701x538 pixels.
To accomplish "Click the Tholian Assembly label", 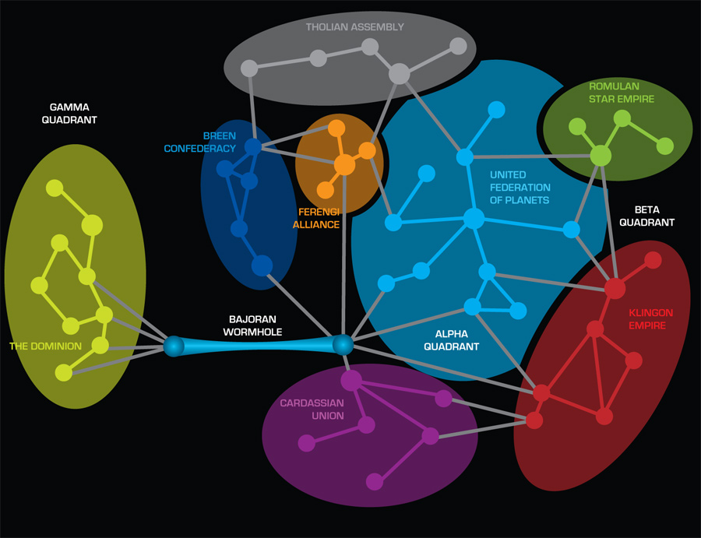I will [354, 27].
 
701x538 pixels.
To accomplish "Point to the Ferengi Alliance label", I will [316, 218].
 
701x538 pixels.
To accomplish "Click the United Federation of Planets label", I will [520, 188].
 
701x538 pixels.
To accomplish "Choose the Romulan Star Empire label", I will [622, 93].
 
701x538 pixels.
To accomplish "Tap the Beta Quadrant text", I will [653, 216].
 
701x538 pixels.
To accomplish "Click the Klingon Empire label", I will [650, 318].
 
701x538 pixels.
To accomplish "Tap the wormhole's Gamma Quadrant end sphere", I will [174, 345].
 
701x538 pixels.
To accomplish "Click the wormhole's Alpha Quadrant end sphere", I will [343, 344].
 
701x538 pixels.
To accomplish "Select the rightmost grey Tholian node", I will [458, 46].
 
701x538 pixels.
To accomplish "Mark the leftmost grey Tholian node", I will [249, 68].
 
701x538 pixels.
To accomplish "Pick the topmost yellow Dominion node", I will [55, 188].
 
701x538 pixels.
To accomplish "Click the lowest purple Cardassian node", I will [375, 481].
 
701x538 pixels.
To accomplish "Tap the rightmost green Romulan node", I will [664, 146].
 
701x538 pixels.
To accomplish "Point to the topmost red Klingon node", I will [653, 260].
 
